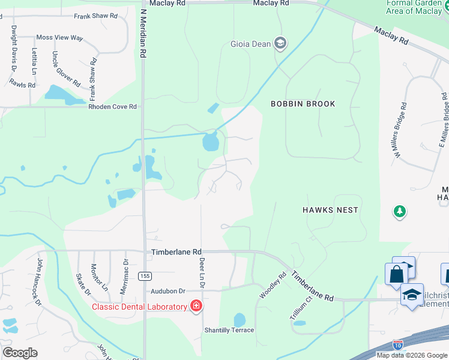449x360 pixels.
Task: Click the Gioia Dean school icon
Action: pyautogui.click(x=280, y=43)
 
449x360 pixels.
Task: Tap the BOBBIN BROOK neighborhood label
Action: pyautogui.click(x=303, y=104)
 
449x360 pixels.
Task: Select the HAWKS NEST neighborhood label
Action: pyautogui.click(x=330, y=210)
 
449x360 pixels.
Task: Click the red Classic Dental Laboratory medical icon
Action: pyautogui.click(x=196, y=307)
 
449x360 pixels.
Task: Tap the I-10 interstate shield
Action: pyautogui.click(x=397, y=344)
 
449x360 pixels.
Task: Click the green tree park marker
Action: pyautogui.click(x=399, y=211)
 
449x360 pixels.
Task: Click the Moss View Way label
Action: pyautogui.click(x=60, y=37)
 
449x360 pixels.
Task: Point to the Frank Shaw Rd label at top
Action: pyautogui.click(x=95, y=16)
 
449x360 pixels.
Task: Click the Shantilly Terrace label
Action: pyautogui.click(x=229, y=330)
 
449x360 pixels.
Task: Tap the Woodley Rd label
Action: pyautogui.click(x=271, y=286)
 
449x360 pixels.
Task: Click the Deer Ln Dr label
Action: pyautogui.click(x=202, y=273)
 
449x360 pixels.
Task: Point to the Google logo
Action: pyautogui.click(x=20, y=353)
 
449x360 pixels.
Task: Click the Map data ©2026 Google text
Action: pyautogui.click(x=412, y=355)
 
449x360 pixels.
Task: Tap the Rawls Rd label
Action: pyautogui.click(x=23, y=85)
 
